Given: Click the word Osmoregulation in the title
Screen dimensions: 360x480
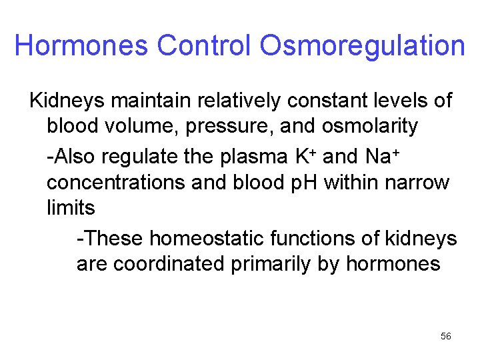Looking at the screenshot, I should point(362,46).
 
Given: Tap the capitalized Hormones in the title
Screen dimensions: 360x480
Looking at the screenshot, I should point(82,46).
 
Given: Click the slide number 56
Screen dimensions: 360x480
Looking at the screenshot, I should point(446,337).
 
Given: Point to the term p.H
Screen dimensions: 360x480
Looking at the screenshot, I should point(300,183).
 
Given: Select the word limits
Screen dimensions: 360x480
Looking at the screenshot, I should point(71,207).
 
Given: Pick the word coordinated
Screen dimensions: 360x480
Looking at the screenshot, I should point(169,263).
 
